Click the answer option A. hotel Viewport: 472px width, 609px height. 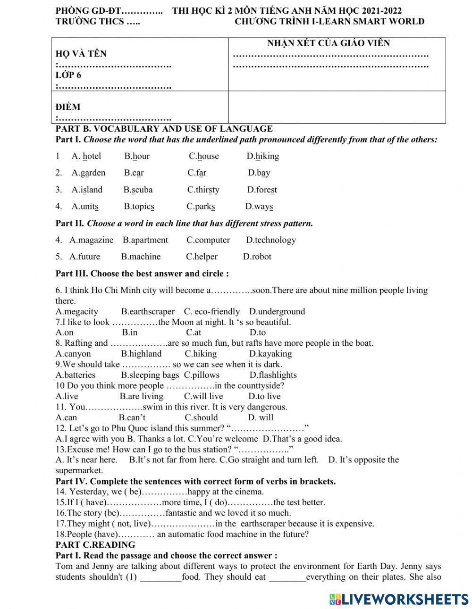[x=86, y=156]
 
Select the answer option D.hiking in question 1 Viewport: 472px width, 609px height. [x=262, y=156]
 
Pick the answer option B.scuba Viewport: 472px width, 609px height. [x=138, y=190]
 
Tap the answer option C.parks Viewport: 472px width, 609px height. [x=201, y=207]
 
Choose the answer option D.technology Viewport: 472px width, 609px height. [x=271, y=240]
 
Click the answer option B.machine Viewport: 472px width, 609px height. [x=141, y=257]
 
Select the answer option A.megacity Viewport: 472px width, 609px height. [x=76, y=311]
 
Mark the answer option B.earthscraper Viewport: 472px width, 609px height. [x=148, y=311]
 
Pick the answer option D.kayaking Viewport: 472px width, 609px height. [x=270, y=354]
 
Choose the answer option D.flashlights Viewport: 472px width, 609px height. [x=273, y=375]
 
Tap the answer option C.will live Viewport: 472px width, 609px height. [x=203, y=396]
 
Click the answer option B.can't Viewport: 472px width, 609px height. [x=132, y=417]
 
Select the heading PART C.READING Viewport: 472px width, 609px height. [x=95, y=545]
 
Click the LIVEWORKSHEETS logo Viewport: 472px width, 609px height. [x=399, y=599]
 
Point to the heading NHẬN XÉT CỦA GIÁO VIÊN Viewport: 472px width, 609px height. [x=329, y=43]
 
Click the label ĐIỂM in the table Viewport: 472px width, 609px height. [x=68, y=107]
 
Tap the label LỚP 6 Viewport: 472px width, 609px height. [x=68, y=75]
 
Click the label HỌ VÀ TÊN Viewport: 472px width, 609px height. [x=81, y=54]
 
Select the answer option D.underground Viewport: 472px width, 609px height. [x=277, y=311]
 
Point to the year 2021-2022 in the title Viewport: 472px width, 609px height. [x=382, y=11]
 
